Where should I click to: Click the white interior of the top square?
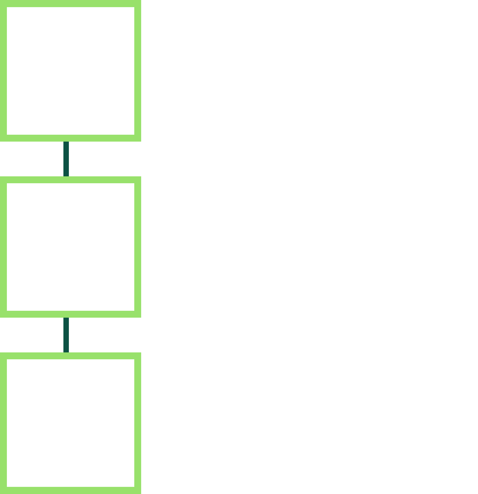coord(70,71)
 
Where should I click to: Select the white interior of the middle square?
coord(70,247)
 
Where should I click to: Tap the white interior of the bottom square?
coord(70,423)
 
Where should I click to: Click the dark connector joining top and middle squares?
coord(66,159)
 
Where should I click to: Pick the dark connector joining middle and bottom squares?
coord(66,335)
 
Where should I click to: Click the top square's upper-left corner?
coord(3,4)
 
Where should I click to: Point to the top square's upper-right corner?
coord(137,4)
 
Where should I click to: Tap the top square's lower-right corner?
coord(137,138)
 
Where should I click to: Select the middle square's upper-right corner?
coord(137,180)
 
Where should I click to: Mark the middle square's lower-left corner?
coord(3,314)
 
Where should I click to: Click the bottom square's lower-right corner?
coord(137,490)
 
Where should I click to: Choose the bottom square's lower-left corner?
coord(3,490)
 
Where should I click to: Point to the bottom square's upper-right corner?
coord(137,356)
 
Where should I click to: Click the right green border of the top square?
coord(137,71)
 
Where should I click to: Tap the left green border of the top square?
coord(3,71)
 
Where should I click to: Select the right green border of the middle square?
coord(137,247)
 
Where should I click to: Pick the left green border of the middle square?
coord(3,247)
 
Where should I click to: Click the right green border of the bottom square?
coord(137,423)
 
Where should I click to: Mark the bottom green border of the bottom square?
coord(70,490)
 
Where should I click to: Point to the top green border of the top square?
coord(70,4)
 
